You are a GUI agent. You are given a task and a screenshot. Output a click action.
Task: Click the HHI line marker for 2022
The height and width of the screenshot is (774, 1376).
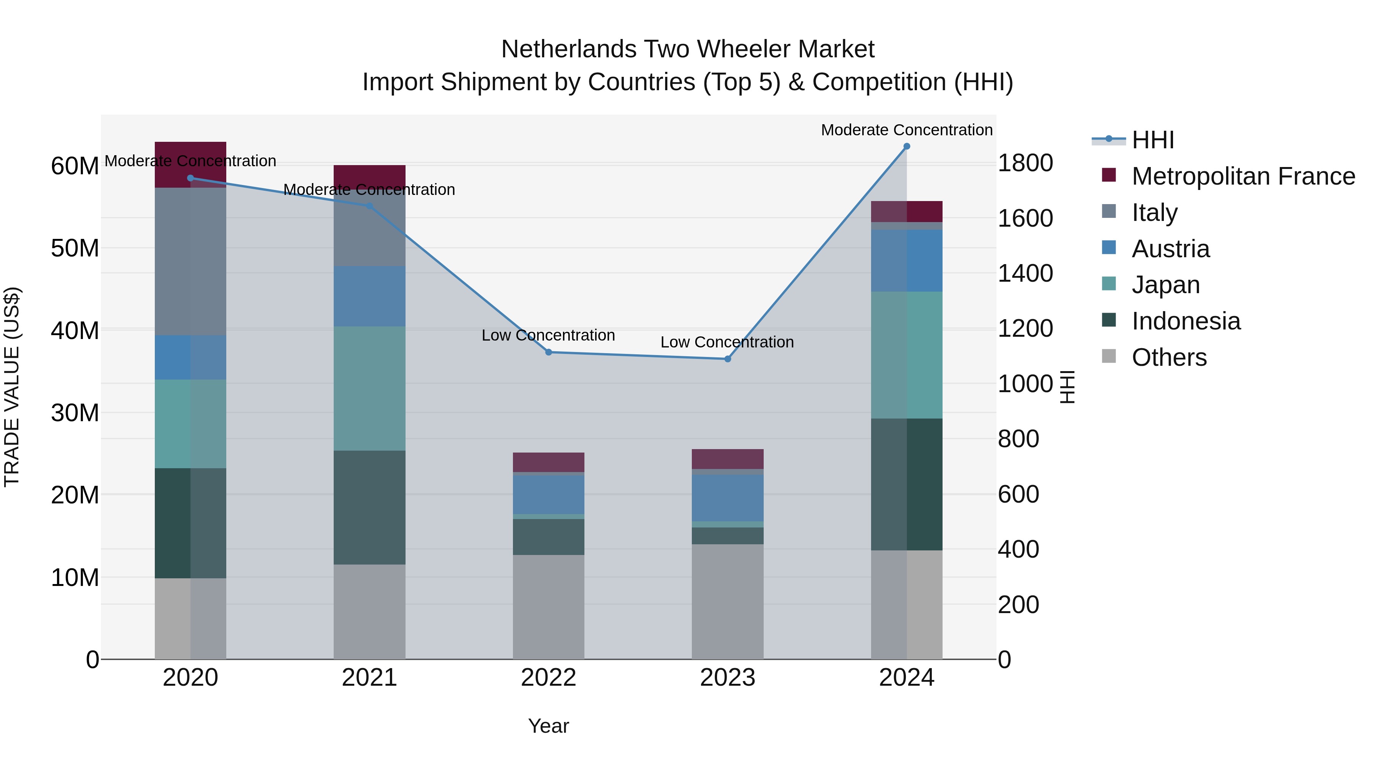(x=548, y=352)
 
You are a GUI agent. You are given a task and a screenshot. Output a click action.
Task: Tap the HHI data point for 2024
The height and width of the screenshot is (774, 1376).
(x=907, y=146)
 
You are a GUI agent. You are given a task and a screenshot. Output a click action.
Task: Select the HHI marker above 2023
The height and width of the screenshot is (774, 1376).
(x=727, y=359)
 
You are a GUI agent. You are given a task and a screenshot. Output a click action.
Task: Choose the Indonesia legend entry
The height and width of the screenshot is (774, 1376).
(x=1186, y=321)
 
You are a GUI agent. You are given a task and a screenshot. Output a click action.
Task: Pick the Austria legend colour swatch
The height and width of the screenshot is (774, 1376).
(x=1109, y=248)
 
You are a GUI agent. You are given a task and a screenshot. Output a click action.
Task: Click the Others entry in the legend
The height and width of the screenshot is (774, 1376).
(x=1169, y=357)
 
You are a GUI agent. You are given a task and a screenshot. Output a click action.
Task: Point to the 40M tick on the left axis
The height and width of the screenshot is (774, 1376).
(x=75, y=331)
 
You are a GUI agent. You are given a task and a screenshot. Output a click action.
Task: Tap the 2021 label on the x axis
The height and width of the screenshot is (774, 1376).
(x=369, y=678)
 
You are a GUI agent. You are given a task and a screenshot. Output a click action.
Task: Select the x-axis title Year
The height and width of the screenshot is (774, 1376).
(x=548, y=726)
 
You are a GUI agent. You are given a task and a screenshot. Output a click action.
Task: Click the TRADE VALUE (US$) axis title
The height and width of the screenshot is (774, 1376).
(x=12, y=387)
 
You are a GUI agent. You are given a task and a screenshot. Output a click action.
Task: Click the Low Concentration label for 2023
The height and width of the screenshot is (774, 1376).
(x=727, y=342)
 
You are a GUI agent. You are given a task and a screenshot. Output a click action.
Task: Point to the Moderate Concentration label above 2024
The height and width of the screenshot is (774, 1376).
(x=907, y=130)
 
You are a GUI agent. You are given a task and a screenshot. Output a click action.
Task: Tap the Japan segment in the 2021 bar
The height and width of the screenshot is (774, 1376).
(x=369, y=388)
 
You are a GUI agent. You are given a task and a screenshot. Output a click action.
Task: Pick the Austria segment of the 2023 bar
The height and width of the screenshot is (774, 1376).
(x=727, y=498)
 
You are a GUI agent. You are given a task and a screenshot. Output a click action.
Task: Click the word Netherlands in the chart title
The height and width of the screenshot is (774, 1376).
(x=568, y=49)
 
